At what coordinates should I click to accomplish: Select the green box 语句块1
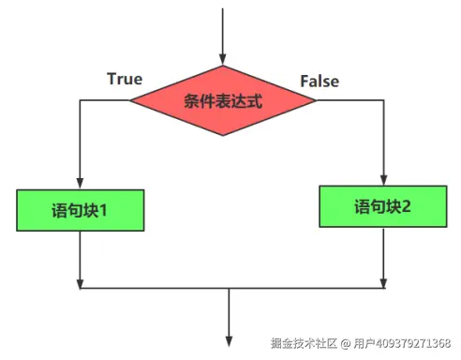click(x=81, y=210)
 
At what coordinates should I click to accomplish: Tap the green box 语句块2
click(x=383, y=205)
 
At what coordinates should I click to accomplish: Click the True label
click(x=125, y=79)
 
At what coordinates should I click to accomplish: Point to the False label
click(x=320, y=82)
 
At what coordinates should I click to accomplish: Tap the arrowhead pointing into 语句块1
click(x=81, y=183)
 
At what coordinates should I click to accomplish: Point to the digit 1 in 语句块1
click(x=102, y=210)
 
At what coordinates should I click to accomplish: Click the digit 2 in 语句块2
click(x=406, y=205)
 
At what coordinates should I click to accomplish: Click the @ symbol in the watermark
click(x=344, y=343)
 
